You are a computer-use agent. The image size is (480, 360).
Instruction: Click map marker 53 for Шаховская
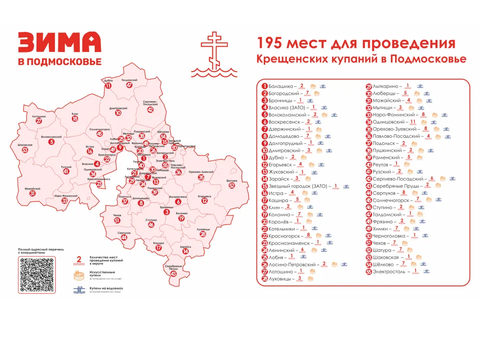click(x=24, y=150)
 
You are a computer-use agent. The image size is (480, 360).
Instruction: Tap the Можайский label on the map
click(x=32, y=188)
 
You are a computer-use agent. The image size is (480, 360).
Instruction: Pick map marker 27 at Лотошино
click(x=39, y=121)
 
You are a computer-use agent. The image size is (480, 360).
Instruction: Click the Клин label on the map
click(x=75, y=113)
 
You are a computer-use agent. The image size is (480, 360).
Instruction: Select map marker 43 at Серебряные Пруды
click(x=173, y=273)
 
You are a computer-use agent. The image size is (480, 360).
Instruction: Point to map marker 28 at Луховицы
click(x=202, y=234)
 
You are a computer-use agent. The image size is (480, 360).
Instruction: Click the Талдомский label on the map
click(x=129, y=80)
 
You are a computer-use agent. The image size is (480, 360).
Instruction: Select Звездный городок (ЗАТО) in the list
click(x=297, y=186)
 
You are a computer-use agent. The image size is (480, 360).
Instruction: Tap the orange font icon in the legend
click(x=77, y=275)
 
